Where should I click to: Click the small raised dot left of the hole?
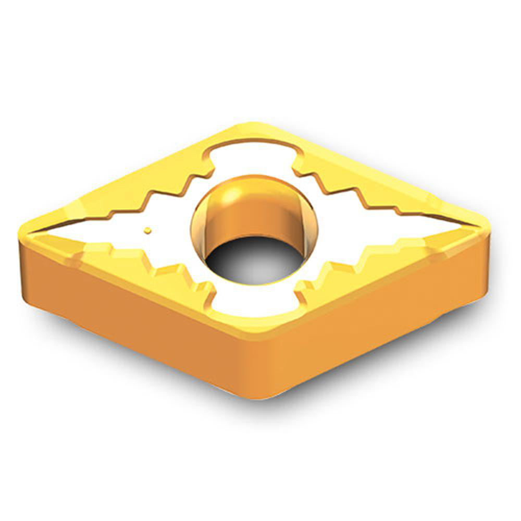[148, 230]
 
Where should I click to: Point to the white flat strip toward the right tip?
[396, 229]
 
